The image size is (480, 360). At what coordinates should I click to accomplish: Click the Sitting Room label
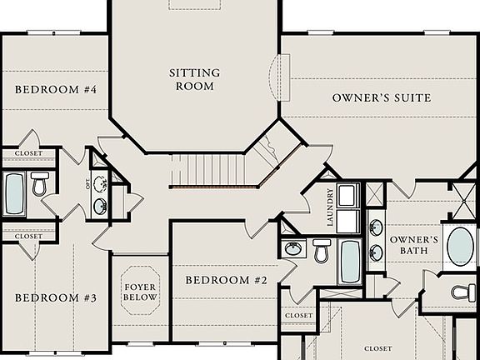(x=194, y=79)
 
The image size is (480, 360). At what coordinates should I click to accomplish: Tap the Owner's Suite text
(x=382, y=98)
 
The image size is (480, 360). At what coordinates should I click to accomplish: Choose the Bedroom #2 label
(x=226, y=281)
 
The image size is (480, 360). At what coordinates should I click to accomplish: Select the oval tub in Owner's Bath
(x=460, y=245)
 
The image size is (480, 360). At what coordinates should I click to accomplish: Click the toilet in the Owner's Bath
(x=462, y=292)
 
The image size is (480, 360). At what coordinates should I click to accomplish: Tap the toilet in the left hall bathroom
(x=39, y=184)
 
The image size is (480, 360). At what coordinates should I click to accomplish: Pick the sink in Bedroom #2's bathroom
(x=292, y=248)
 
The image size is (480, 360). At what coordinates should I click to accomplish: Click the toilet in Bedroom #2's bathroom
(x=322, y=248)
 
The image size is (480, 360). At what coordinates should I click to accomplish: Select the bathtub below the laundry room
(x=350, y=261)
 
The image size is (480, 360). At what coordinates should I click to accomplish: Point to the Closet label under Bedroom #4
(x=28, y=153)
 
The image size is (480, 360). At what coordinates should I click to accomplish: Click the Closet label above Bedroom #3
(x=28, y=237)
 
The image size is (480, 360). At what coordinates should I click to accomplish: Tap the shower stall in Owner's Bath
(x=464, y=201)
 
